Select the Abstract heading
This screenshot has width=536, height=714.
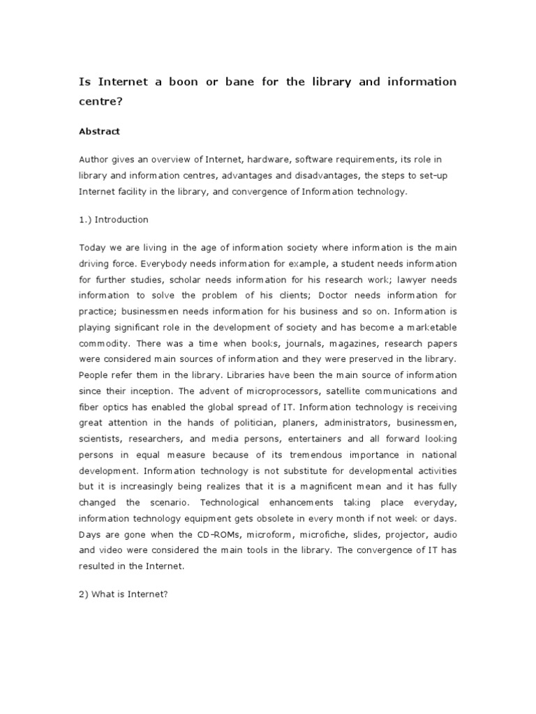[99, 131]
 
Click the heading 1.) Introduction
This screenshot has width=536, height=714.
[114, 220]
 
